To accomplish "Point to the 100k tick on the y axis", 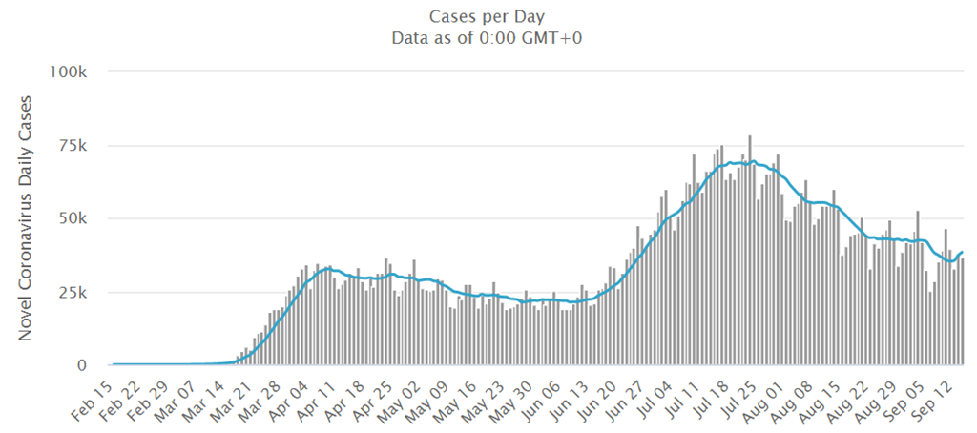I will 73,72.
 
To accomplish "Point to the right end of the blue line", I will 962,252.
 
